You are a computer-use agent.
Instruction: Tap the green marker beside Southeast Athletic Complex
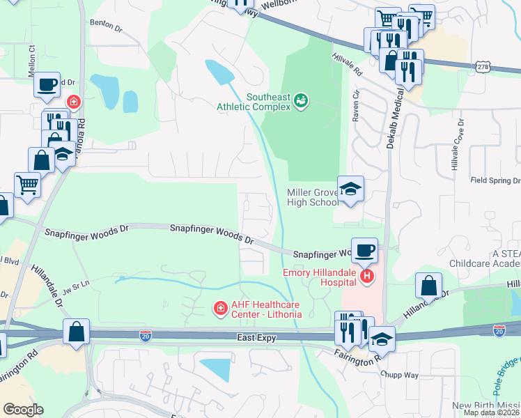coord(301,102)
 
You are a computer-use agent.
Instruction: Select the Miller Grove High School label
coord(311,197)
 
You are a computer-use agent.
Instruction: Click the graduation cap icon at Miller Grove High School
coord(350,188)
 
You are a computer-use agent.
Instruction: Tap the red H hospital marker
coord(366,277)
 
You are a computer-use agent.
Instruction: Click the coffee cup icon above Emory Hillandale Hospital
coord(364,249)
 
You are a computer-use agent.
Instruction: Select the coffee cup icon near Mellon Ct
coord(47,85)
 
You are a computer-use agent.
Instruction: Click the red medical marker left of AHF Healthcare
coord(220,307)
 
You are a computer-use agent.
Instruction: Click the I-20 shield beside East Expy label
coord(145,337)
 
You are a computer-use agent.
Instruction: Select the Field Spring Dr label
coord(495,179)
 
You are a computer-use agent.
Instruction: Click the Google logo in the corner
coord(23,410)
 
